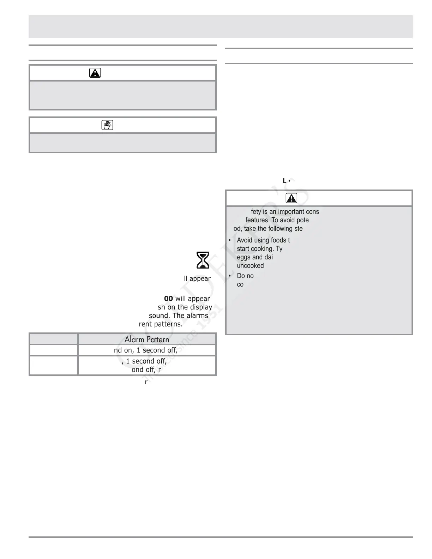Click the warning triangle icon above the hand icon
pyautogui.click(x=95, y=73)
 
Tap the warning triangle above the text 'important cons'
pyautogui.click(x=292, y=198)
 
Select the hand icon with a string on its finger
pyautogui.click(x=107, y=125)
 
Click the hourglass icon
pyautogui.click(x=203, y=260)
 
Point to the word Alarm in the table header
pyautogui.click(x=134, y=339)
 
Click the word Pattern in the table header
pyautogui.click(x=158, y=339)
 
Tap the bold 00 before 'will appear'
pyautogui.click(x=168, y=299)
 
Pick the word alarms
pyautogui.click(x=197, y=315)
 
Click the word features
pyautogui.click(x=257, y=220)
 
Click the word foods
pyautogui.click(x=278, y=240)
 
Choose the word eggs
pyautogui.click(x=243, y=257)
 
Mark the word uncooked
pyautogui.click(x=250, y=266)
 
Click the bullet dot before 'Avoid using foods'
pyautogui.click(x=229, y=240)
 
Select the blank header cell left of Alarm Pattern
pyautogui.click(x=53, y=339)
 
